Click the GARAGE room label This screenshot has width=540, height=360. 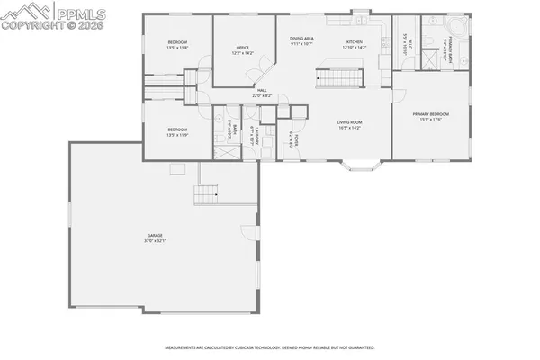[157, 238]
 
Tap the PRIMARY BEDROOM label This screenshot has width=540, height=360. [430, 115]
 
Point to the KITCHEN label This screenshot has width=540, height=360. [355, 42]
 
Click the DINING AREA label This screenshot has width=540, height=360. [301, 40]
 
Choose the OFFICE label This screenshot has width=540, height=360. [242, 49]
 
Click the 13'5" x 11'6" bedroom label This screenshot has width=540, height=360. [176, 45]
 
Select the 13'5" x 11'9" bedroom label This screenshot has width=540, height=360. [176, 132]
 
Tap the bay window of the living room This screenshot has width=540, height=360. [364, 165]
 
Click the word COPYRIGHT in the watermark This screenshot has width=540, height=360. [31, 25]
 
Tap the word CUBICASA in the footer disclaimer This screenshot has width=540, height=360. [249, 346]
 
